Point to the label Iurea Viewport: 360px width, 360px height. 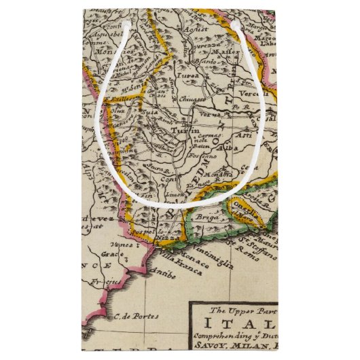[x=189, y=76]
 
